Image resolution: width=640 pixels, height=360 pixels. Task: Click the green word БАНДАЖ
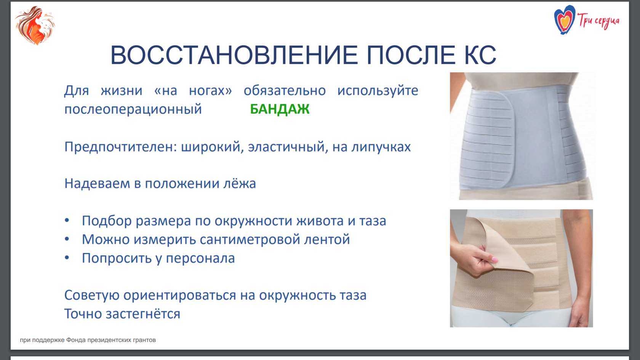[280, 109]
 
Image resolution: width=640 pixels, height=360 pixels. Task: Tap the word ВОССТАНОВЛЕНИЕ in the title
[234, 55]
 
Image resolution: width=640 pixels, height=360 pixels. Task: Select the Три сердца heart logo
[564, 20]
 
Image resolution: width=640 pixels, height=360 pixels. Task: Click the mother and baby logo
[35, 25]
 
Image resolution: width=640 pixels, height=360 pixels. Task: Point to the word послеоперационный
[133, 109]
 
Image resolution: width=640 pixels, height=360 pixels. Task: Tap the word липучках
[381, 147]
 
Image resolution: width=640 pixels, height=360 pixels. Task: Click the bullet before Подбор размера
[67, 220]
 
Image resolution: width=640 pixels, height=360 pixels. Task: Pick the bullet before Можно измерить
[67, 239]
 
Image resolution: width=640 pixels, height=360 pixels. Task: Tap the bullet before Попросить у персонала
[67, 258]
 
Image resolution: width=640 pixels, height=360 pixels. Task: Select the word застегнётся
[143, 314]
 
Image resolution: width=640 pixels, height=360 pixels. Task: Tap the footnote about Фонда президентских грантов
[88, 340]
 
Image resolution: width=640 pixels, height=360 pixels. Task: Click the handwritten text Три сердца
[598, 21]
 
